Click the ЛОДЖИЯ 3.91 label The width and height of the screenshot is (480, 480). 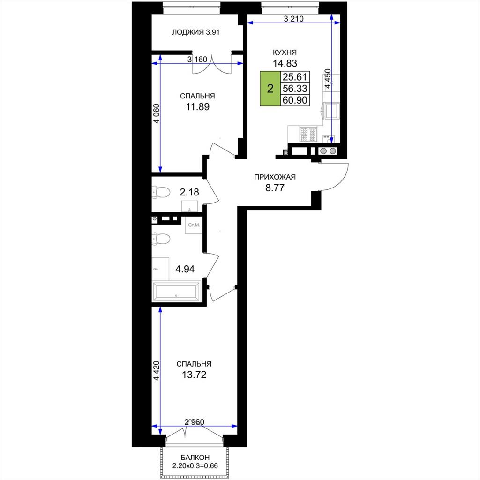coord(195,32)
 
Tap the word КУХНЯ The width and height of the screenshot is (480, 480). coord(285,52)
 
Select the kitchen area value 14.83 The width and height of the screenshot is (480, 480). coord(285,63)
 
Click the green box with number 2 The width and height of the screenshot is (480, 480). coord(270,89)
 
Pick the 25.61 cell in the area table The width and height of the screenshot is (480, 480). coord(295,77)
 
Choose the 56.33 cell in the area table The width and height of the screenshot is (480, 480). coord(295,89)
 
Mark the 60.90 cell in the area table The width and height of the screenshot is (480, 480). coord(295,100)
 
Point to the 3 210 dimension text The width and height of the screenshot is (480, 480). coord(293,19)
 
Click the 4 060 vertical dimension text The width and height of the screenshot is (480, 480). coord(157,113)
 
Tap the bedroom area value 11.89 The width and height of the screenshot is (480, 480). coord(198,107)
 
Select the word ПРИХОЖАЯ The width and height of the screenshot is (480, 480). coord(275,177)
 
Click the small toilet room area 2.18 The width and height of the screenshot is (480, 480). coord(189,192)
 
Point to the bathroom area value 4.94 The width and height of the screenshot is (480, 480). coord(185,269)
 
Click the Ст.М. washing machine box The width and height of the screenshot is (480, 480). coord(194,225)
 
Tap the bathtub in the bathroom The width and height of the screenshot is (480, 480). coord(176,292)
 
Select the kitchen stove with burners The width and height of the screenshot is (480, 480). coord(308,135)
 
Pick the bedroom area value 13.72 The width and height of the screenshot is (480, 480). coord(194,375)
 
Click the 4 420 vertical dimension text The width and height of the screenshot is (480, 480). coord(157,371)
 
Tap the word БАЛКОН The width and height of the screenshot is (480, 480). coord(195,457)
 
